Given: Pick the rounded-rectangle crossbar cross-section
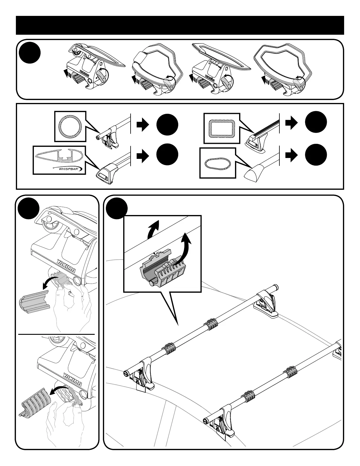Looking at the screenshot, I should (221, 128).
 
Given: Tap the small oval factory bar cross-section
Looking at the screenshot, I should (217, 163).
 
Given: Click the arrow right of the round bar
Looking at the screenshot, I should (143, 125).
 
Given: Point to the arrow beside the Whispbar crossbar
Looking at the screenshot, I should (143, 157).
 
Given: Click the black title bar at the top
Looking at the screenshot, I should (180, 25).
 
